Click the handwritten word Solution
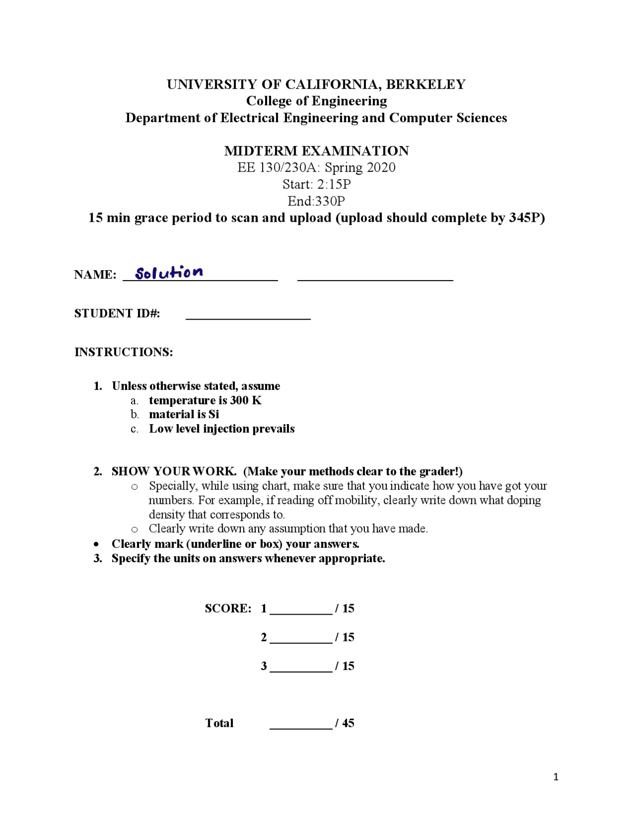click(x=169, y=272)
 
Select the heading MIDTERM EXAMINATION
click(x=316, y=151)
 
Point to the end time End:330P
click(x=316, y=201)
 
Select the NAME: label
click(x=95, y=275)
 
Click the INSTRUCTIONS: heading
click(x=124, y=352)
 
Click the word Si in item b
click(x=214, y=414)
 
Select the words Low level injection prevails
click(x=222, y=429)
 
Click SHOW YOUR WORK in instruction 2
click(x=174, y=471)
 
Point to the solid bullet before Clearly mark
click(x=96, y=544)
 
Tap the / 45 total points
click(x=345, y=723)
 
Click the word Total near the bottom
click(x=219, y=723)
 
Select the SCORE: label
click(x=228, y=608)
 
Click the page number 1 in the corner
click(x=556, y=777)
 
